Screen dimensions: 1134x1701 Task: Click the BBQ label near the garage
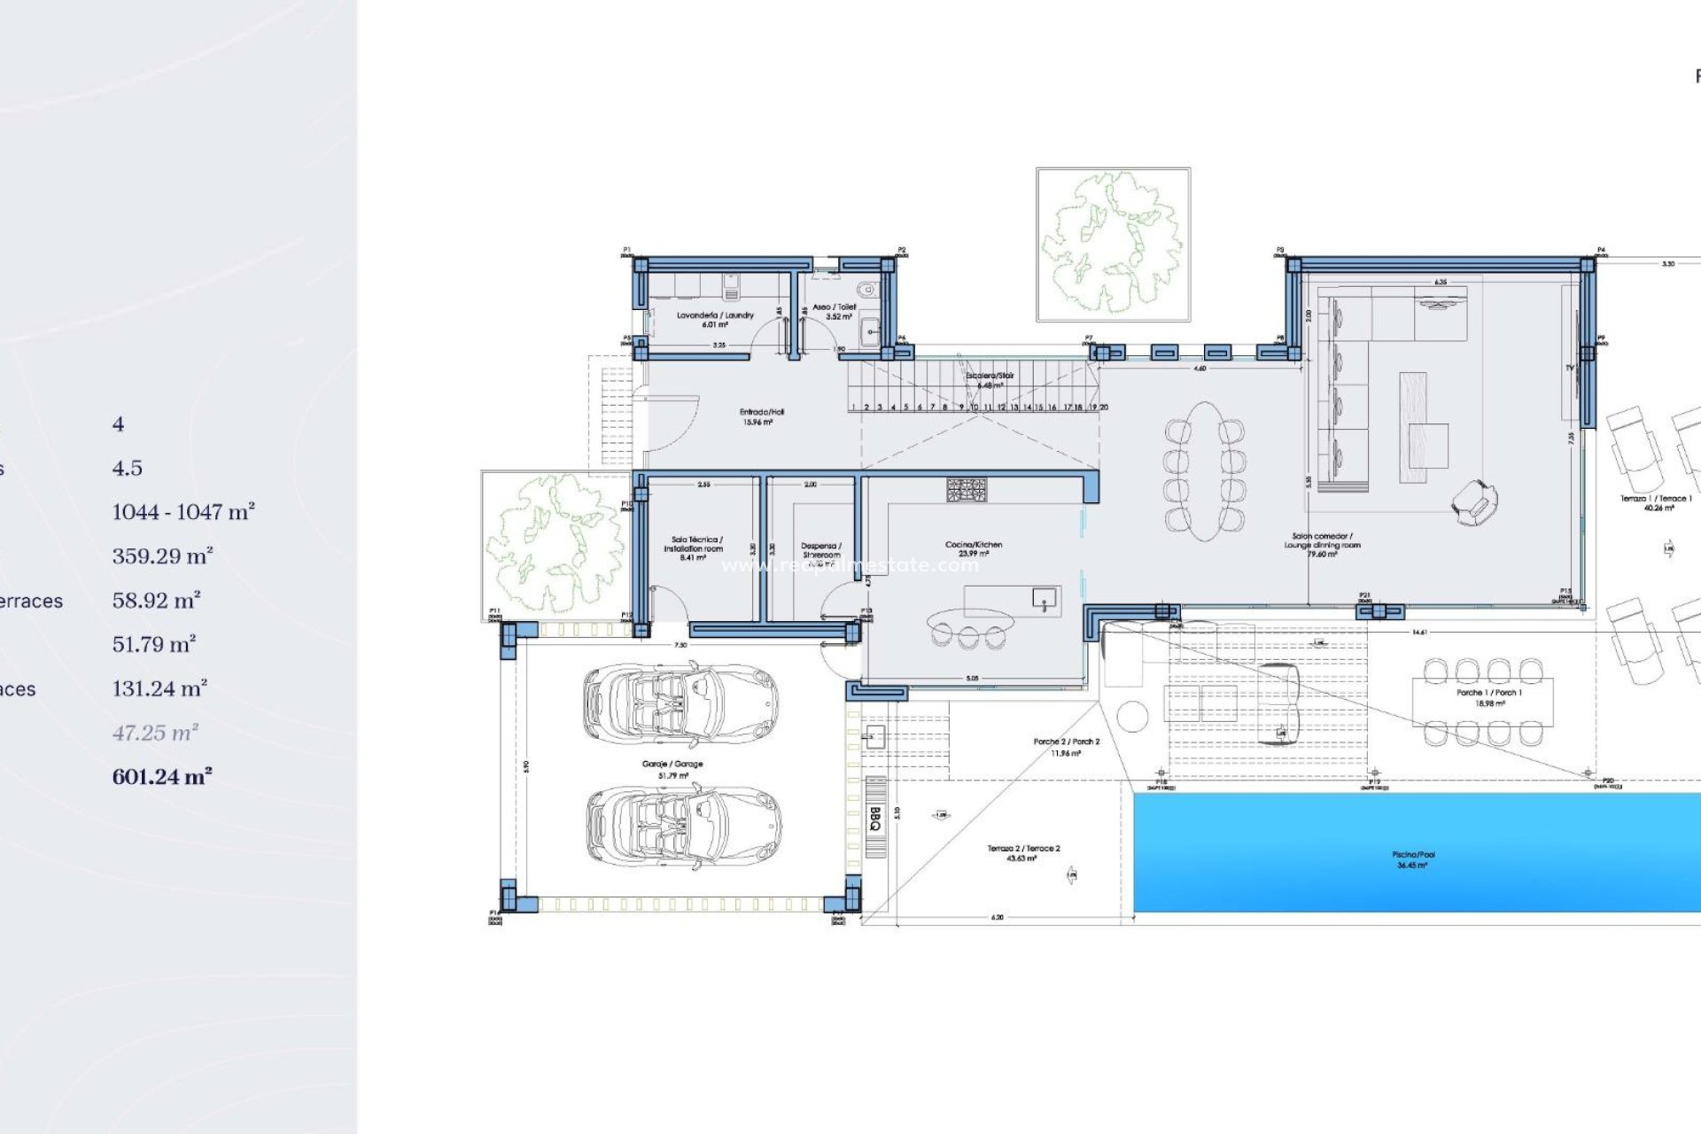point(875,818)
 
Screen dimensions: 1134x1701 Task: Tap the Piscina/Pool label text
point(1413,859)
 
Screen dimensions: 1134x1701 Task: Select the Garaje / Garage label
point(672,769)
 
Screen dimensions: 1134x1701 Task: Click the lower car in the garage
point(683,824)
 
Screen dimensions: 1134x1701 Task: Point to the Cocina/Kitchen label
point(974,548)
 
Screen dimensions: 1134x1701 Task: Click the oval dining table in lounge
point(1204,471)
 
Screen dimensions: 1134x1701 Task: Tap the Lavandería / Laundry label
point(715,319)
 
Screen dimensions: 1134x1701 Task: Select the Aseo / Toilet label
point(835,311)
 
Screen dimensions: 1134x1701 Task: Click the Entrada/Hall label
point(761,416)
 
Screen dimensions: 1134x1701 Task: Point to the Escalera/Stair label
point(990,380)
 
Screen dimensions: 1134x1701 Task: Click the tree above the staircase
point(1112,243)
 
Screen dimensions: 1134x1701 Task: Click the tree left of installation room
point(555,542)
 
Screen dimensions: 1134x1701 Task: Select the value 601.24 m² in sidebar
point(161,777)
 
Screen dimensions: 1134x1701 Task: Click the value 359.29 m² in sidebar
point(162,556)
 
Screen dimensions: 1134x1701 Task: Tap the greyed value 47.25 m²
point(155,733)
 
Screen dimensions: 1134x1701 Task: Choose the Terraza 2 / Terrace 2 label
point(1023,853)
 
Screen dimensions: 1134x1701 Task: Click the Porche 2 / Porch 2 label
point(1066,747)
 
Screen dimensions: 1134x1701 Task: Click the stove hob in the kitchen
point(966,490)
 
